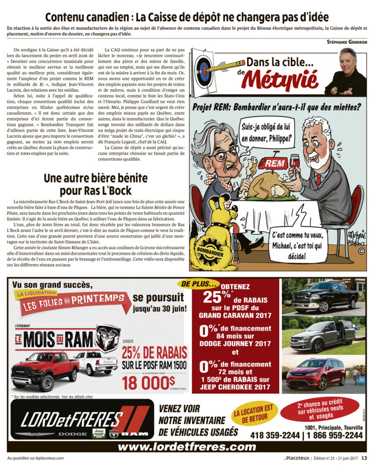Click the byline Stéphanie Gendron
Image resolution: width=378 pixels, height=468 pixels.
347,42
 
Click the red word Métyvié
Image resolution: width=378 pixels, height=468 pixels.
286,79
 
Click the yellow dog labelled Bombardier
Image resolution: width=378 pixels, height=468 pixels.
214,238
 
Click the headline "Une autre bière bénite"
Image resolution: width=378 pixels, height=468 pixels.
94,184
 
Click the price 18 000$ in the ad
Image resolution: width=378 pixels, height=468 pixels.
149,382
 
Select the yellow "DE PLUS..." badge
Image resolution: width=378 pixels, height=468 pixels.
200,284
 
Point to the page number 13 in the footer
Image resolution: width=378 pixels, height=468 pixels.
364,458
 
